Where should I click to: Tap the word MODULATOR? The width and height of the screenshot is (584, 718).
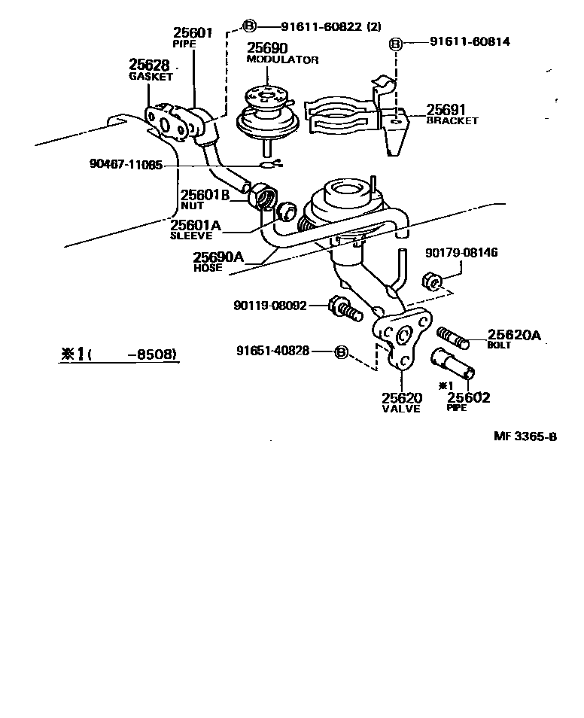(x=283, y=59)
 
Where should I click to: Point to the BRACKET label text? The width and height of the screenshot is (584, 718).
(x=452, y=120)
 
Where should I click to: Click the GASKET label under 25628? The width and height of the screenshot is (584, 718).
(x=151, y=76)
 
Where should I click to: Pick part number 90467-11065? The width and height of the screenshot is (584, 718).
(x=124, y=166)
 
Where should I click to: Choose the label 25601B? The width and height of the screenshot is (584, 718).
(x=204, y=195)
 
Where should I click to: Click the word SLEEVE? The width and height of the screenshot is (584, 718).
(x=190, y=235)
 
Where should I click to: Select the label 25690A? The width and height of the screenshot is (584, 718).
(x=219, y=257)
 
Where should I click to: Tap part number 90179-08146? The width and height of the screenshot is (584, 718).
(x=461, y=254)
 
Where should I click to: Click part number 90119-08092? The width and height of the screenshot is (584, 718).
(x=269, y=306)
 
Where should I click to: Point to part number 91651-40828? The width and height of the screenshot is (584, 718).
(x=272, y=351)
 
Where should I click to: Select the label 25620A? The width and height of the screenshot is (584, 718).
(x=514, y=336)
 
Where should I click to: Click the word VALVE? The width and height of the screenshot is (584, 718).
(x=401, y=409)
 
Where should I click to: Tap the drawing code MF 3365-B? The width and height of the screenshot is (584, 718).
(x=525, y=436)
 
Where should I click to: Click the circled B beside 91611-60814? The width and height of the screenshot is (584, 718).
(x=396, y=43)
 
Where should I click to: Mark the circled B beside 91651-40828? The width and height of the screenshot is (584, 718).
(x=341, y=351)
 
